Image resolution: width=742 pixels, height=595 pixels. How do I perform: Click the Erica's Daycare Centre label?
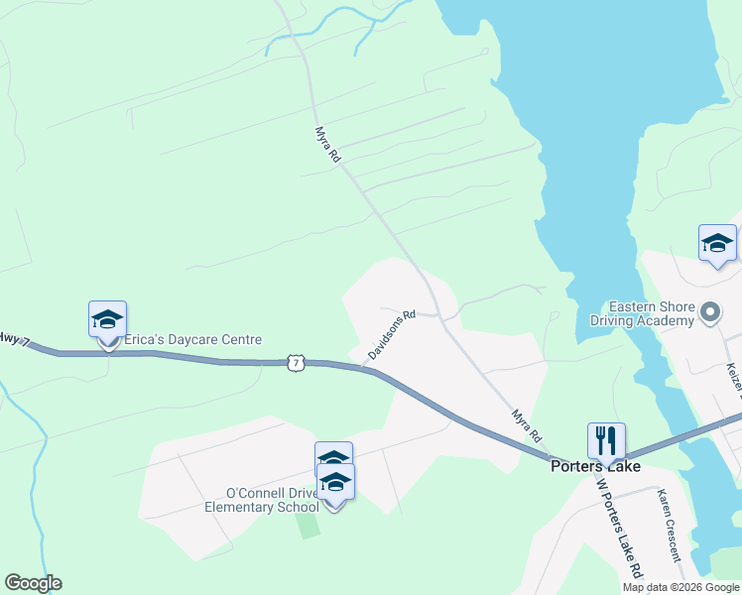192,340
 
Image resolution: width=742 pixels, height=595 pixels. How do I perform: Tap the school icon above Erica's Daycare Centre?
107,319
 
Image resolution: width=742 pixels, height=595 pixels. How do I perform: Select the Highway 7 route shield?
295,363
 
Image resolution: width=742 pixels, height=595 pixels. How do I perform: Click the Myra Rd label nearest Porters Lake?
527,424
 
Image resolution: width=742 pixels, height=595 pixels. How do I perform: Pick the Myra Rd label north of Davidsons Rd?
328,144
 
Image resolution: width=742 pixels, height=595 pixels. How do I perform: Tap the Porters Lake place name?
595,466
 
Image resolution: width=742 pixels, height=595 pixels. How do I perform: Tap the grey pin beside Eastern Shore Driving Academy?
710,313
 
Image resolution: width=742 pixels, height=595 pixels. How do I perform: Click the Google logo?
33,583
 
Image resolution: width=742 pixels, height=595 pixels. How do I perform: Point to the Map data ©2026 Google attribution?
680,587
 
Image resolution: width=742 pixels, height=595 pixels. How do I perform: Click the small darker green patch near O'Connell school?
309,525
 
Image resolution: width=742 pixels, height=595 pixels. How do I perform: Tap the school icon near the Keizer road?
717,242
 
